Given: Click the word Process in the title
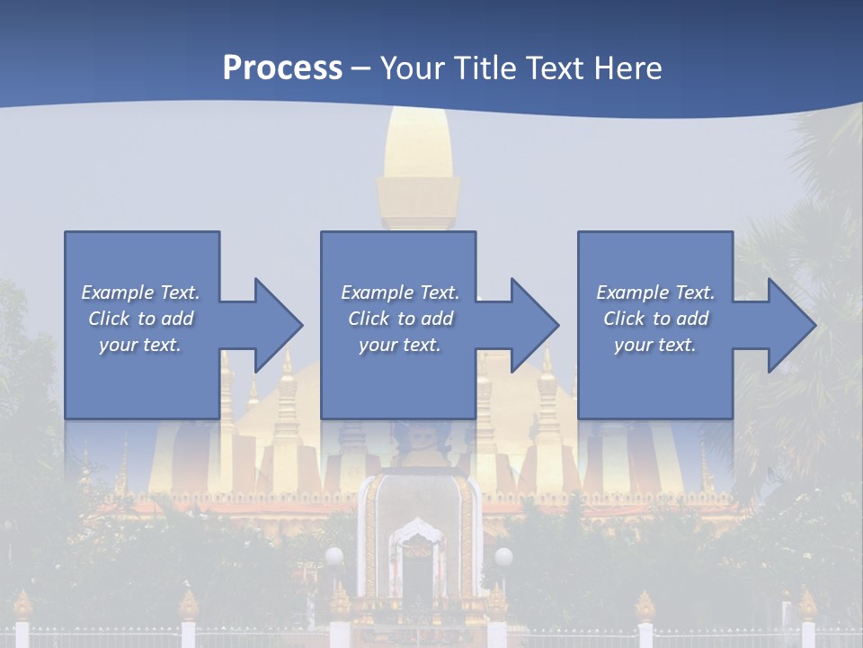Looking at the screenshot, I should tap(282, 68).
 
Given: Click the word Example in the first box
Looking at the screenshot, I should tap(117, 292).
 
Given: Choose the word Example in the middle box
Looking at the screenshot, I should tap(377, 292).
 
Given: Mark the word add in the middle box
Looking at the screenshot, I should tap(436, 319).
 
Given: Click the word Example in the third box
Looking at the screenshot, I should tap(632, 292).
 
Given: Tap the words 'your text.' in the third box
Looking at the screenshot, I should tap(654, 345).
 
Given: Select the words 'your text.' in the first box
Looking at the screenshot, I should tap(139, 345).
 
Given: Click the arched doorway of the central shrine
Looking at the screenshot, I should tap(418, 567).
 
